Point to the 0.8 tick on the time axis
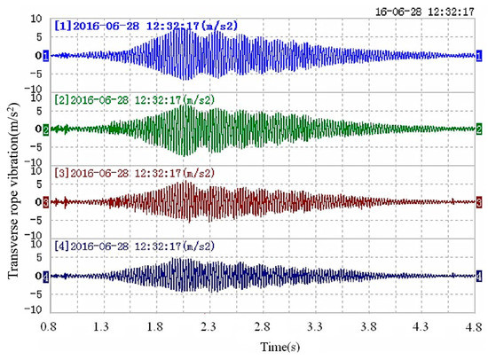coord(50,327)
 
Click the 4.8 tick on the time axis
coord(478,327)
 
